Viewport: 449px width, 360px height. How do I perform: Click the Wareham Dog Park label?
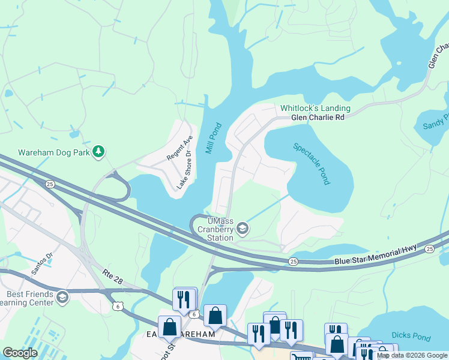pos(53,152)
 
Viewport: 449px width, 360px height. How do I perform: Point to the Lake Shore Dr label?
pos(184,170)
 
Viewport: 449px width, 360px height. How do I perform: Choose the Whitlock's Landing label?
pos(315,109)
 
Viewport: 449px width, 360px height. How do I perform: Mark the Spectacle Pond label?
pos(312,163)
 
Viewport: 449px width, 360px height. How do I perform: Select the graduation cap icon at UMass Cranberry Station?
pos(242,228)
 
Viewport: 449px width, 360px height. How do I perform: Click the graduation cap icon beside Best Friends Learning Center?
pos(62,298)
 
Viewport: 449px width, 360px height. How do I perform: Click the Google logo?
pos(20,353)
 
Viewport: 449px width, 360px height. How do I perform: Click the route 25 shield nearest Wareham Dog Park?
pos(50,184)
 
